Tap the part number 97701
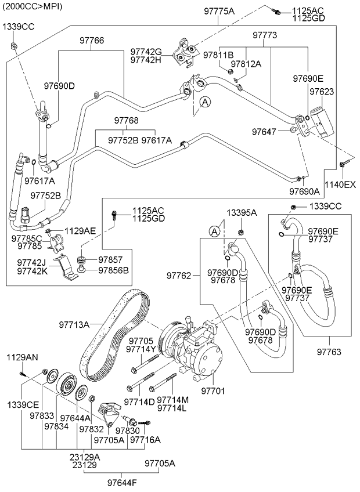pyautogui.click(x=213, y=390)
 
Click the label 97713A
pyautogui.click(x=74, y=325)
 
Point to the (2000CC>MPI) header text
pyautogui.click(x=33, y=6)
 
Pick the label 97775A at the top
pyautogui.click(x=219, y=11)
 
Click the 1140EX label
pyautogui.click(x=340, y=185)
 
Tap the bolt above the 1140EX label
pyautogui.click(x=342, y=166)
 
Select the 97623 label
pyautogui.click(x=322, y=92)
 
